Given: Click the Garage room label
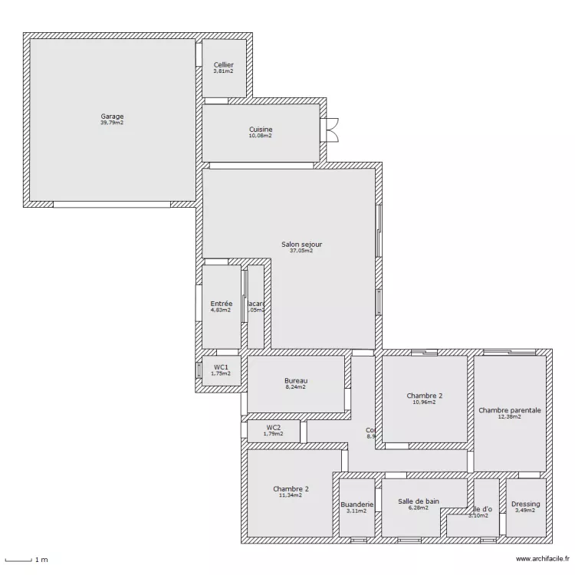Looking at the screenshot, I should point(112,117).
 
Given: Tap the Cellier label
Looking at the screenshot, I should point(224,65).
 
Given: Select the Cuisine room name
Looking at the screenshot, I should point(261,130).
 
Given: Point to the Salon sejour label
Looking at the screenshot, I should point(301,245).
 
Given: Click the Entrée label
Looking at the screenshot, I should point(221,304).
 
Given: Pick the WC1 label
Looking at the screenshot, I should point(221,367).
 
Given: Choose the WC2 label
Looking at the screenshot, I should point(273,427).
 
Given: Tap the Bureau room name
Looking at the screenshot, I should point(295,381).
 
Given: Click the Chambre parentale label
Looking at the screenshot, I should point(510,410).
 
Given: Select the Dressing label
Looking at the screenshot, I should point(526,504).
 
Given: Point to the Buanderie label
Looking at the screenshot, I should point(356,504).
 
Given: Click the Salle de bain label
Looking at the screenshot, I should point(419,501).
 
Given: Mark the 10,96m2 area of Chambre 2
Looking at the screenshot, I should point(424,402).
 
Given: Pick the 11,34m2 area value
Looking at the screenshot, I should point(291,495).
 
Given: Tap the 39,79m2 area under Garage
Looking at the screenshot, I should point(112,123).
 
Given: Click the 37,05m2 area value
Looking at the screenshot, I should point(301,251).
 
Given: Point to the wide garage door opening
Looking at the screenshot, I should point(112,205).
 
